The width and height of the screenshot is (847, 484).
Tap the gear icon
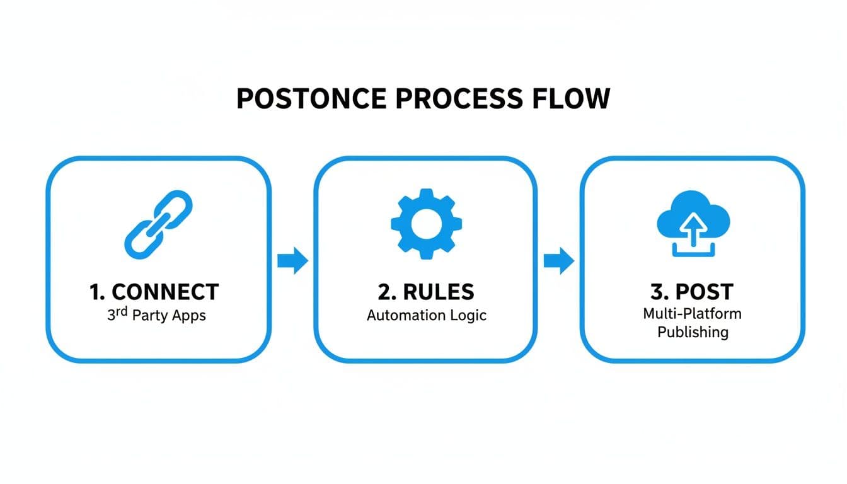point(426,222)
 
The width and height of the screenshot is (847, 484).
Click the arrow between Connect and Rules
point(292,260)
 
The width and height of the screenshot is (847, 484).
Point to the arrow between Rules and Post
point(558,260)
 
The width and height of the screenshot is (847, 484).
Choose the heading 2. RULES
point(427,292)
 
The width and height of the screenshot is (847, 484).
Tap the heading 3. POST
point(692,292)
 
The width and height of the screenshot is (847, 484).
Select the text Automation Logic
point(427,314)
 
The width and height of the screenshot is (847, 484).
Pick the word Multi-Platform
point(692,313)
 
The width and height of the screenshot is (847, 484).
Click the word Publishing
point(693,331)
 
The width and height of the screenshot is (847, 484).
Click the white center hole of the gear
point(426,223)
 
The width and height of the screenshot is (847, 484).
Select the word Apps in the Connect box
point(190,315)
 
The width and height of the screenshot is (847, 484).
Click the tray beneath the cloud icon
point(693,253)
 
